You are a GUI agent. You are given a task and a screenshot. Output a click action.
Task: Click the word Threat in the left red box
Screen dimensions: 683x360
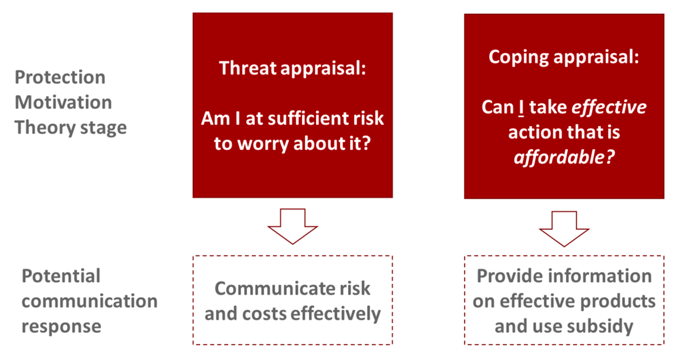click(x=248, y=68)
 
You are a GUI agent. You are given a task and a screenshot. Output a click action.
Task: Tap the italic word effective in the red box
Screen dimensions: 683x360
click(x=609, y=107)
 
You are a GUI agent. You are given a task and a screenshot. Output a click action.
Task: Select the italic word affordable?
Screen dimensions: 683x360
click(x=564, y=157)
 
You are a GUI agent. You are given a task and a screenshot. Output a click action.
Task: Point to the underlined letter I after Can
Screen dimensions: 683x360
click(x=521, y=107)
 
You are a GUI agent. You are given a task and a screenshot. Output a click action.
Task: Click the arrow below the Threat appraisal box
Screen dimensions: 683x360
click(x=293, y=226)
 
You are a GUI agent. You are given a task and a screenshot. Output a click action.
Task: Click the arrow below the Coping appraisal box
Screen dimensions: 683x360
click(x=564, y=229)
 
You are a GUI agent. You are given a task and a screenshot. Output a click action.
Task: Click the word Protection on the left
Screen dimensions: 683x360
click(x=60, y=77)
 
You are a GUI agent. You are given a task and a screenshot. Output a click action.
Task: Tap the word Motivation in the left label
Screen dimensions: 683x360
click(x=63, y=102)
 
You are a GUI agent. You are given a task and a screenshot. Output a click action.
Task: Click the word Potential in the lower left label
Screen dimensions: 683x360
click(x=61, y=276)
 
